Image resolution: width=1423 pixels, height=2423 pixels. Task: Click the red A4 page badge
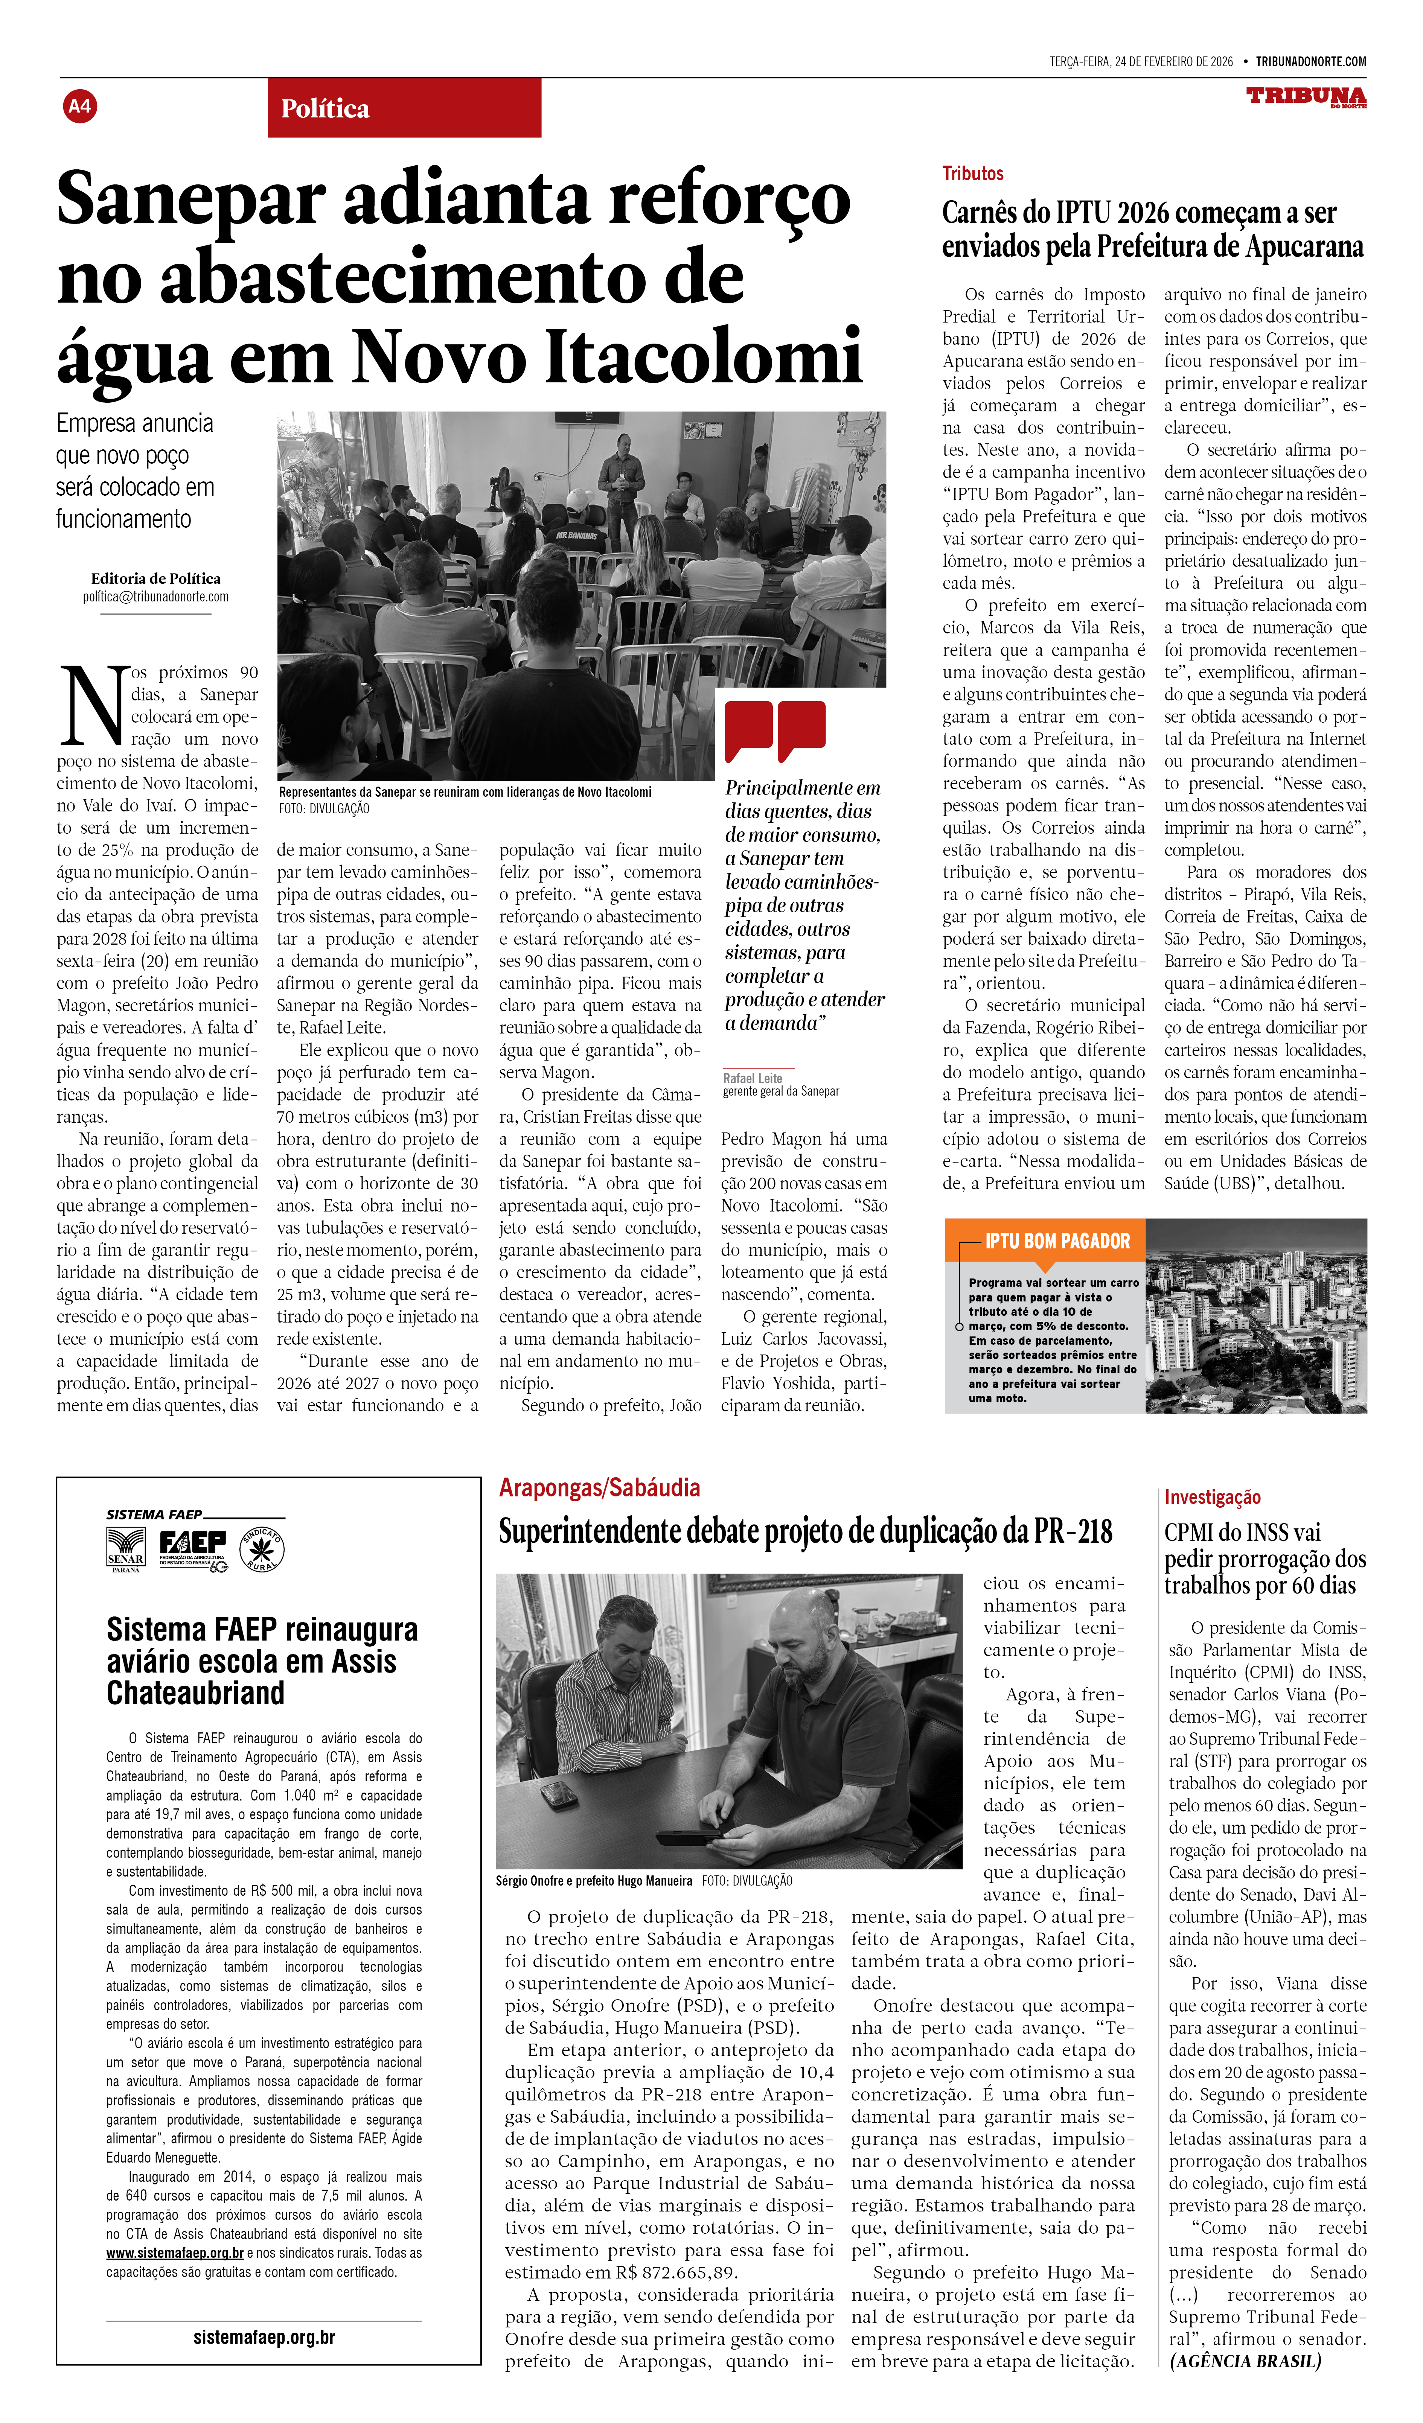pos(80,106)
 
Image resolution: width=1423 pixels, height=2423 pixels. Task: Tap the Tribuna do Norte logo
pos(1306,97)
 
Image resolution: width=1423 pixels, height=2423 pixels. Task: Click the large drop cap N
pos(93,707)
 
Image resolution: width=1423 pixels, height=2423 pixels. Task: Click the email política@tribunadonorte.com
pos(156,597)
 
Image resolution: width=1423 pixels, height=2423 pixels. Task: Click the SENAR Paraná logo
pos(126,1548)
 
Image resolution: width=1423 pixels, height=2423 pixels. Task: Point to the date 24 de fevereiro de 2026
pos(1173,62)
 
